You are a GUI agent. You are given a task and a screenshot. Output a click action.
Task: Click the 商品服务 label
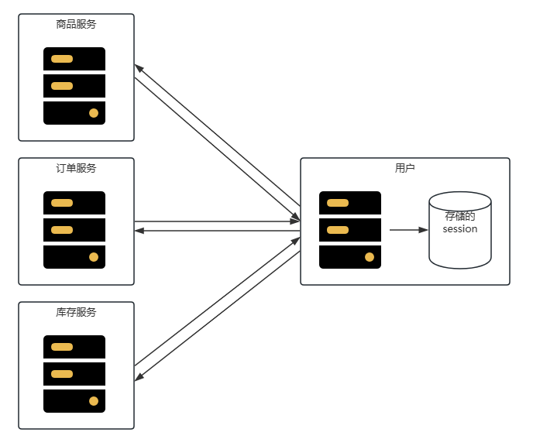point(76,24)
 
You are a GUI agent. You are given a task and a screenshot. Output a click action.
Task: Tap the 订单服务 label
point(76,168)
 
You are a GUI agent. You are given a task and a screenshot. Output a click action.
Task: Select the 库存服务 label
point(76,312)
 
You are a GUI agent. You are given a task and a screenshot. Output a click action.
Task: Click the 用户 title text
point(404,168)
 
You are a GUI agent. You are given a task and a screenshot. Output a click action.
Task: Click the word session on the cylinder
point(460,229)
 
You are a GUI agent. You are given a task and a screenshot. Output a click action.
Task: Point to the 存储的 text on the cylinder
point(460,217)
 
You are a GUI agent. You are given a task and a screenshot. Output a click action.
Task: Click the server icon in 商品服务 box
point(74,86)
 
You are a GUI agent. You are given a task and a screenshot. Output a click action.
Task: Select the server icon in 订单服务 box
point(74,230)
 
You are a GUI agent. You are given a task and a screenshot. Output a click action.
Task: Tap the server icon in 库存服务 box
point(74,374)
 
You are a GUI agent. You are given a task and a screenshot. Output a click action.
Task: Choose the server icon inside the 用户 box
point(350,230)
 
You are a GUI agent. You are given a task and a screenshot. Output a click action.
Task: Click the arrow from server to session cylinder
point(407,230)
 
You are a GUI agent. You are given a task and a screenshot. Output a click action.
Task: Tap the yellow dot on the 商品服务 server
point(94,113)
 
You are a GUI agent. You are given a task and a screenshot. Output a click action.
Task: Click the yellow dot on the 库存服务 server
point(94,401)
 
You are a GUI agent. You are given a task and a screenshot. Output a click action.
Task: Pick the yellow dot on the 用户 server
point(370,257)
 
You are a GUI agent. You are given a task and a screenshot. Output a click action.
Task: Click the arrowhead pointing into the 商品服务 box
point(139,67)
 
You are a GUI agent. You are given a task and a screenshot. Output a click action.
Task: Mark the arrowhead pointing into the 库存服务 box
point(139,378)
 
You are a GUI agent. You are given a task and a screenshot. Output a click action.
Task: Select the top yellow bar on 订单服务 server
point(62,203)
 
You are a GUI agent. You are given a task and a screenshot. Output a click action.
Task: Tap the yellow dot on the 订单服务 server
point(94,257)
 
